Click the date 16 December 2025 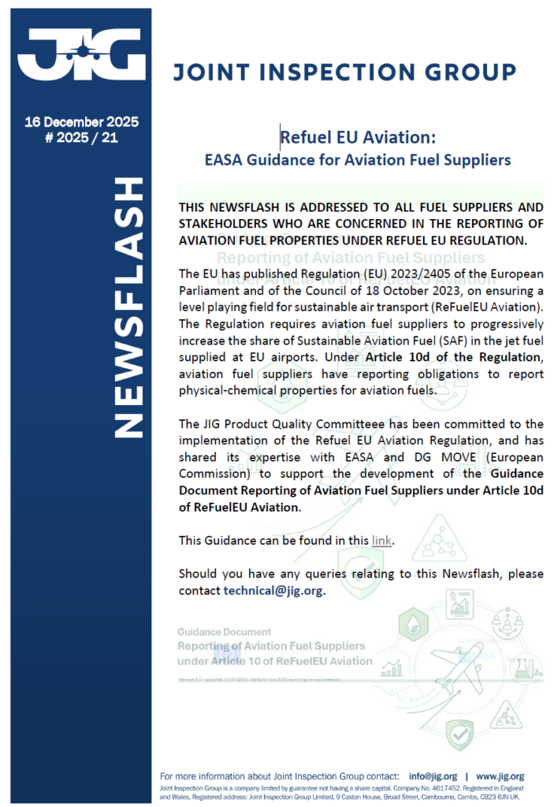(x=81, y=122)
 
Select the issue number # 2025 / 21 (x=81, y=138)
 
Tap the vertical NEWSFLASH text (x=130, y=308)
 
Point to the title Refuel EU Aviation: (x=358, y=137)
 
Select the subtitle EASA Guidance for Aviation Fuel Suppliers (x=358, y=160)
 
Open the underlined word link (x=381, y=540)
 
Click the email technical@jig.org (x=273, y=589)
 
